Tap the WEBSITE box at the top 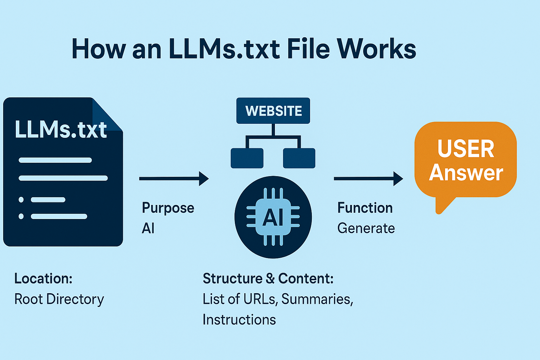(273, 111)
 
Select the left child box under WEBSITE (247, 158)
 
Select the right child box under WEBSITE (299, 158)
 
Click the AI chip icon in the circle (273, 217)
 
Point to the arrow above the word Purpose (174, 179)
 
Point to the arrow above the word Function (368, 179)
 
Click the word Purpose (168, 208)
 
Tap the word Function (365, 208)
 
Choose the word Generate (366, 229)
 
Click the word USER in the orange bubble (466, 149)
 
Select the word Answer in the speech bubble (466, 173)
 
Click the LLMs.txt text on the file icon (61, 130)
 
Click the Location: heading (43, 278)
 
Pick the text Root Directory (59, 299)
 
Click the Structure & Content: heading (268, 278)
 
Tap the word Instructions (239, 320)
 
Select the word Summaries (317, 299)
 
